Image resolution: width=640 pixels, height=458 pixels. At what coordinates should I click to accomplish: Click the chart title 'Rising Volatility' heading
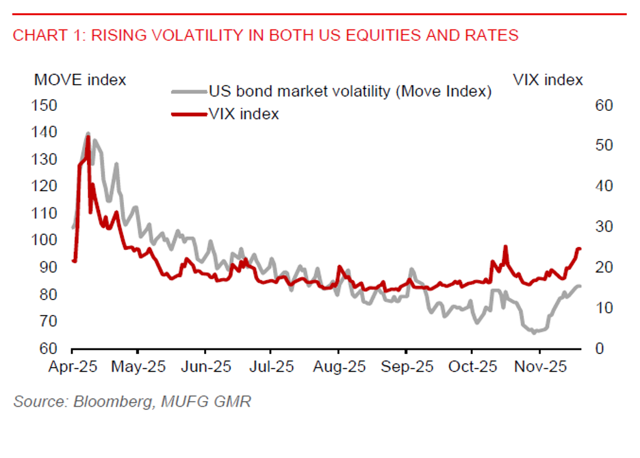(265, 35)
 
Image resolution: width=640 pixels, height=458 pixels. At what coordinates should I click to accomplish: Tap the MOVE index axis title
(80, 80)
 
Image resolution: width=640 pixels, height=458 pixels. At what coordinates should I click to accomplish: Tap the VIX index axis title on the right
(547, 80)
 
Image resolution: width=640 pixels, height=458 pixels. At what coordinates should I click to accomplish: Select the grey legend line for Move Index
(188, 91)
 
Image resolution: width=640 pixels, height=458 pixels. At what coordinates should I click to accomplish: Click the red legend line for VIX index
(188, 114)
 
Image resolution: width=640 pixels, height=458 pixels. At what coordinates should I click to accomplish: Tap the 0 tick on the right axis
(599, 348)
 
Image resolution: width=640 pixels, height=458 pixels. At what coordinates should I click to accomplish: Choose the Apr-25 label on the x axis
(73, 367)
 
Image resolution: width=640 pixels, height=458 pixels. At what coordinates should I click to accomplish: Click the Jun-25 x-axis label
(205, 367)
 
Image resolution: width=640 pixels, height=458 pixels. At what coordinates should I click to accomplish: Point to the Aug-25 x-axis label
(338, 367)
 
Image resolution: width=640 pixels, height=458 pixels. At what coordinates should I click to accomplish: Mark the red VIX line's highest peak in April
(88, 137)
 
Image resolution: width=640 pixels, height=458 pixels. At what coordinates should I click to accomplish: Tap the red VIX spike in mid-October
(505, 246)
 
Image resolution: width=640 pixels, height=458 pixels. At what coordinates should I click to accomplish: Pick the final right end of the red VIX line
(579, 249)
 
